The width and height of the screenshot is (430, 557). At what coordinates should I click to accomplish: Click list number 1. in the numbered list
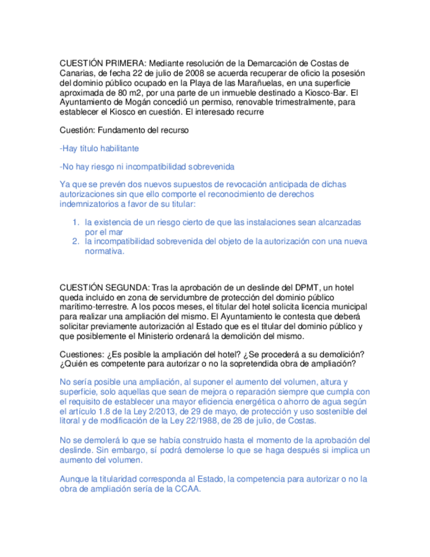(x=76, y=223)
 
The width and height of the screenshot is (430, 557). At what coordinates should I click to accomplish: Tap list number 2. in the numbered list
(x=76, y=242)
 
